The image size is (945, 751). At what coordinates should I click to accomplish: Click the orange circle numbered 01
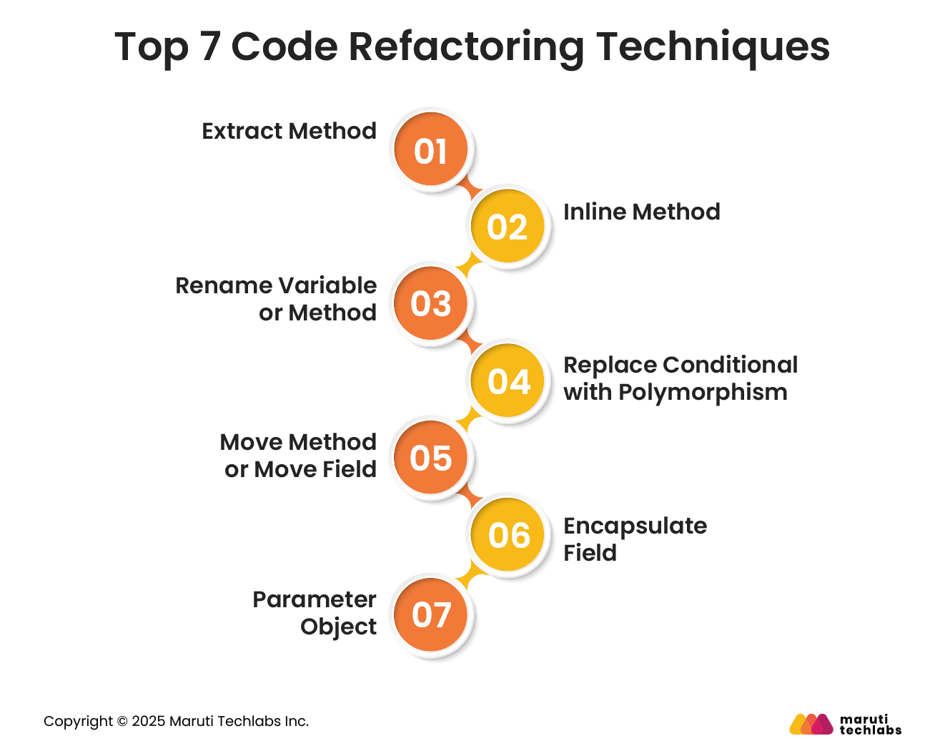[x=430, y=149]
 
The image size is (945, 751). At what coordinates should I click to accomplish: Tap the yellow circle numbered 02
[x=507, y=227]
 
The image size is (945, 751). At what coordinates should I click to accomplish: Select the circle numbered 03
[x=430, y=303]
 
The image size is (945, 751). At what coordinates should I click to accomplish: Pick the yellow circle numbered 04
[x=508, y=381]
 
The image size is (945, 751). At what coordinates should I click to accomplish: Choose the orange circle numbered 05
[x=430, y=458]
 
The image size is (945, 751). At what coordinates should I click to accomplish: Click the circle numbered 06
[x=508, y=535]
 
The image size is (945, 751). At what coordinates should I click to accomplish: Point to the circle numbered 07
[x=430, y=614]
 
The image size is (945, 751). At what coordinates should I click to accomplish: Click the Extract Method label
[x=289, y=132]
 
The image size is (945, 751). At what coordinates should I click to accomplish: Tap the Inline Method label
[x=641, y=212]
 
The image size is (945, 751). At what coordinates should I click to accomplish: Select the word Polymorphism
[x=703, y=393]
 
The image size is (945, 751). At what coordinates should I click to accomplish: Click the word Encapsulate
[x=635, y=526]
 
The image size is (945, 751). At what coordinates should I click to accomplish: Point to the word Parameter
[x=314, y=600]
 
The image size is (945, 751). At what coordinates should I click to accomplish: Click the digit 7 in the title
[x=209, y=47]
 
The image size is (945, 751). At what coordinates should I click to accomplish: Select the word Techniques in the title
[x=713, y=47]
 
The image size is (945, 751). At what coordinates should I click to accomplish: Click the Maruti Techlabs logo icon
[x=811, y=724]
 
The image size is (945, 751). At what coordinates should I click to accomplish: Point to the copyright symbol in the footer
[x=122, y=722]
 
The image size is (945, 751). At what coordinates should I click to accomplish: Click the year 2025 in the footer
[x=148, y=722]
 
